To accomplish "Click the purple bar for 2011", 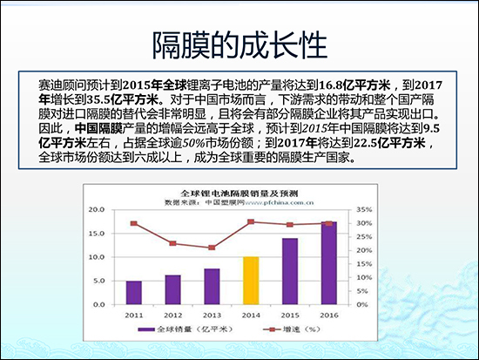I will tap(133, 289).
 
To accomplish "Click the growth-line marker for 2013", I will tap(212, 248).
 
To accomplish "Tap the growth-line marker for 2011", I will tap(133, 223).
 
